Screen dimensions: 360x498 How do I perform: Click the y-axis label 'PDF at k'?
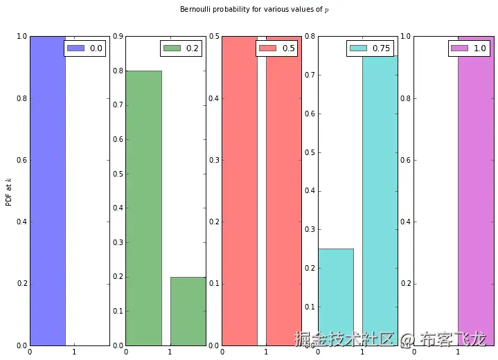click(8, 190)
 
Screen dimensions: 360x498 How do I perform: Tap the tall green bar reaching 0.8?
click(143, 208)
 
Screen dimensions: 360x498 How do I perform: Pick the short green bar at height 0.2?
click(188, 311)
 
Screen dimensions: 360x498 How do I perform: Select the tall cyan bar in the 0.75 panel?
click(380, 201)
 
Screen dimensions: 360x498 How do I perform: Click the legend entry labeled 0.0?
click(86, 48)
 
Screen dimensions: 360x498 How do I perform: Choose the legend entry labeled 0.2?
click(182, 48)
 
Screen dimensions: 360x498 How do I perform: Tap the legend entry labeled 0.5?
click(278, 48)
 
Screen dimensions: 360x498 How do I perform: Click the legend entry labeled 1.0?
click(470, 48)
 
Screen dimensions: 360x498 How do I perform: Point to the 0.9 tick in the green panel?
click(118, 36)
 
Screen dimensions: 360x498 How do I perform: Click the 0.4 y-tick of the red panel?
click(215, 98)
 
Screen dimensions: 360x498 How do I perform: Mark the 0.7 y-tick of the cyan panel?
click(310, 75)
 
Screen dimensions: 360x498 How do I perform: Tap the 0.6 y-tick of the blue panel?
click(22, 160)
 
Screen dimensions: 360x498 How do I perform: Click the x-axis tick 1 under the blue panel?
click(74, 352)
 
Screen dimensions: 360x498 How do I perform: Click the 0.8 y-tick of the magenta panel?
click(406, 98)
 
